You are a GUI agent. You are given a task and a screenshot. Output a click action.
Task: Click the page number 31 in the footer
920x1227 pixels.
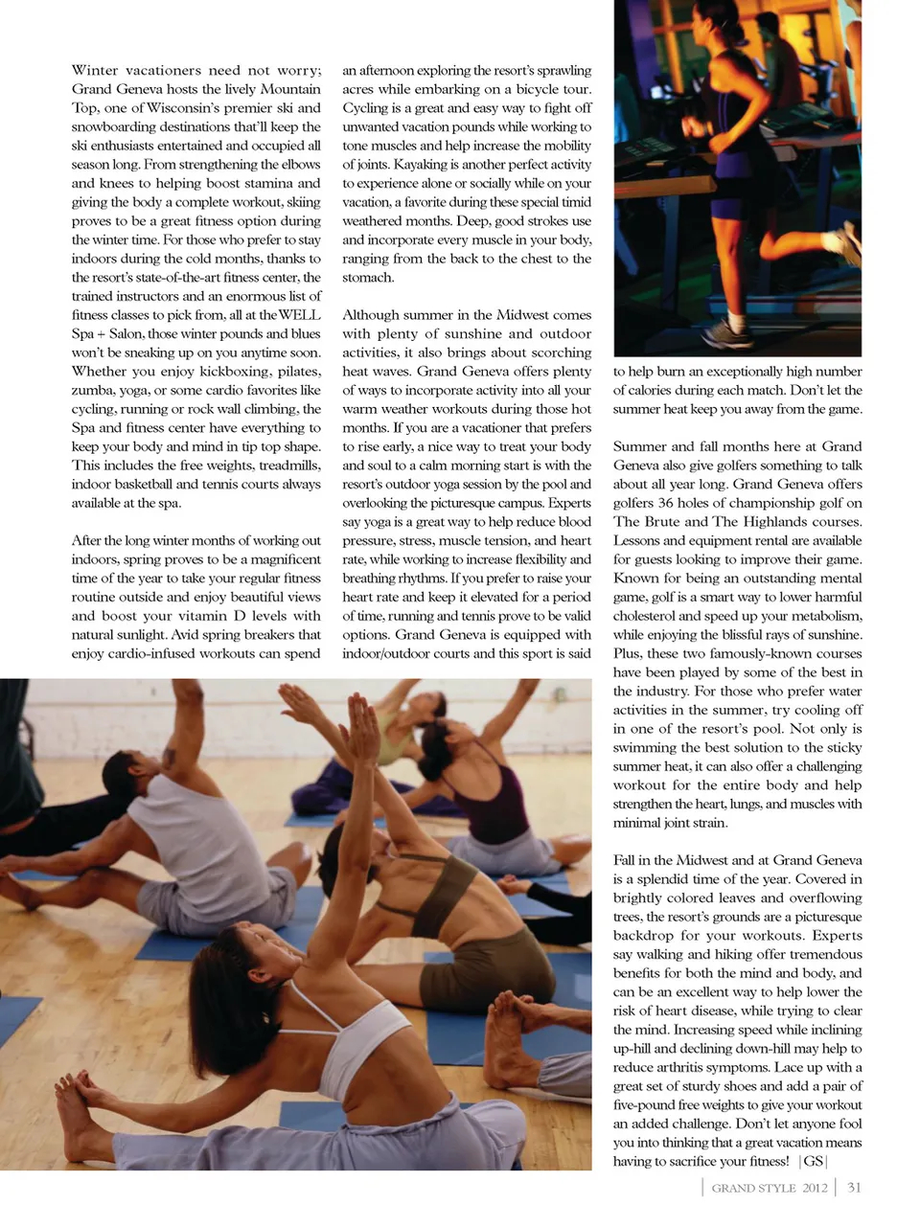click(854, 1188)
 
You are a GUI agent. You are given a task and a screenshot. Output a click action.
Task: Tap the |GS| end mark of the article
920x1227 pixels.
click(813, 1161)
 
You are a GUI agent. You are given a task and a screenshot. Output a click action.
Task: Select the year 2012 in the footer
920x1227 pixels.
click(815, 1188)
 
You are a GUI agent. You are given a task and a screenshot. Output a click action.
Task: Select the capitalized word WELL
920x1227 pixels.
click(299, 315)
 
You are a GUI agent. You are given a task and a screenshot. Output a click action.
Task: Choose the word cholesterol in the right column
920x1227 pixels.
click(653, 616)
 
